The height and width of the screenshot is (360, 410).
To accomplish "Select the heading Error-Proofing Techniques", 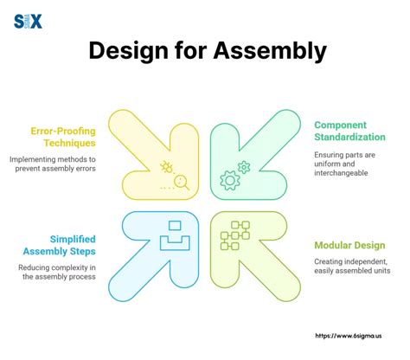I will tap(62, 138).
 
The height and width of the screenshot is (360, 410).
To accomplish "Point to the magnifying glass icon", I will tap(182, 182).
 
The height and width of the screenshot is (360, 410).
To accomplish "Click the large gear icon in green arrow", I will tap(230, 180).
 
